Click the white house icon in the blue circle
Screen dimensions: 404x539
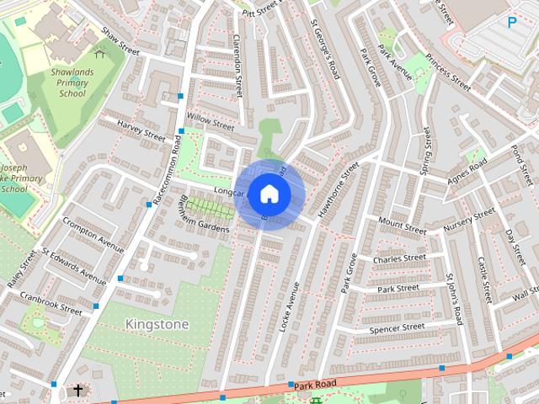pyautogui.click(x=269, y=194)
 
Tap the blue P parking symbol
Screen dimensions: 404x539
pyautogui.click(x=512, y=24)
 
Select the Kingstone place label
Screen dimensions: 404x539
pyautogui.click(x=157, y=324)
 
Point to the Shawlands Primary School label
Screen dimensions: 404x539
pyautogui.click(x=72, y=82)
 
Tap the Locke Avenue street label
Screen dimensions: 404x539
pyautogui.click(x=290, y=306)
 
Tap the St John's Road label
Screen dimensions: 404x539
pyautogui.click(x=454, y=299)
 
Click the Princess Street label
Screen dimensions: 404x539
pyautogui.click(x=448, y=72)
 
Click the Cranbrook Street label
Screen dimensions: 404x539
pyautogui.click(x=52, y=304)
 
